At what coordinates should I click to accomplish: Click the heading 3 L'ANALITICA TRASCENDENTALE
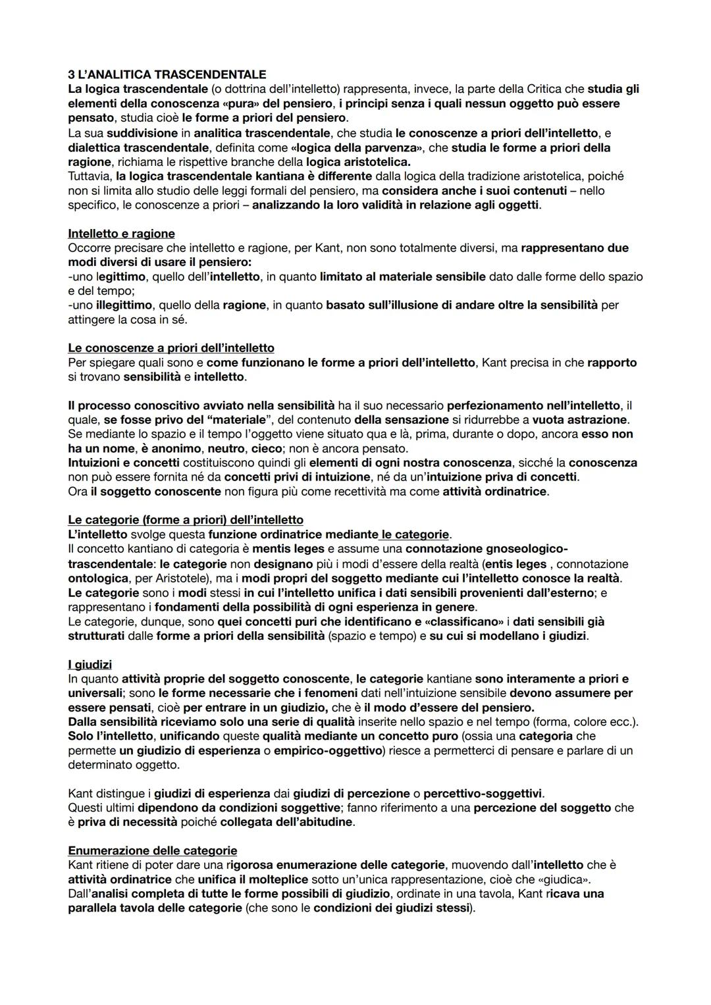point(167,74)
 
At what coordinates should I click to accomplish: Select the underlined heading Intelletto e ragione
point(121,234)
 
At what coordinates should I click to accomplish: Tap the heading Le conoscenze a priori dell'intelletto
point(171,348)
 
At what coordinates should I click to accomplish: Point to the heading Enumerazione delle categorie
point(153,850)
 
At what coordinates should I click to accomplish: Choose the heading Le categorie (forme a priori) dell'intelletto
point(186,520)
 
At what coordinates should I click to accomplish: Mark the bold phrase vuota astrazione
point(580,419)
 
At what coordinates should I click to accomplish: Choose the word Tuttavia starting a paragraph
point(90,176)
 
